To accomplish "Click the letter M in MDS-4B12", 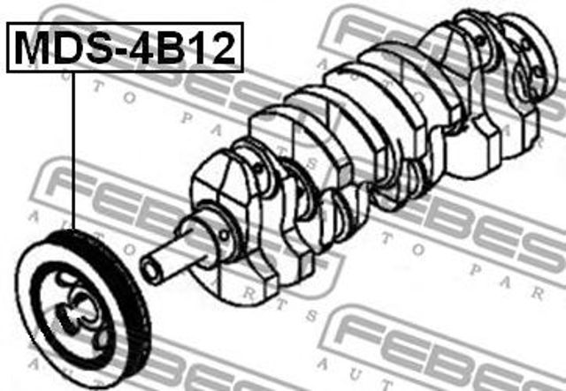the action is click(32, 48).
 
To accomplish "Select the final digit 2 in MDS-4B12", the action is click(222, 48).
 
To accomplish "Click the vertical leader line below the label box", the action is click(73, 151).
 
